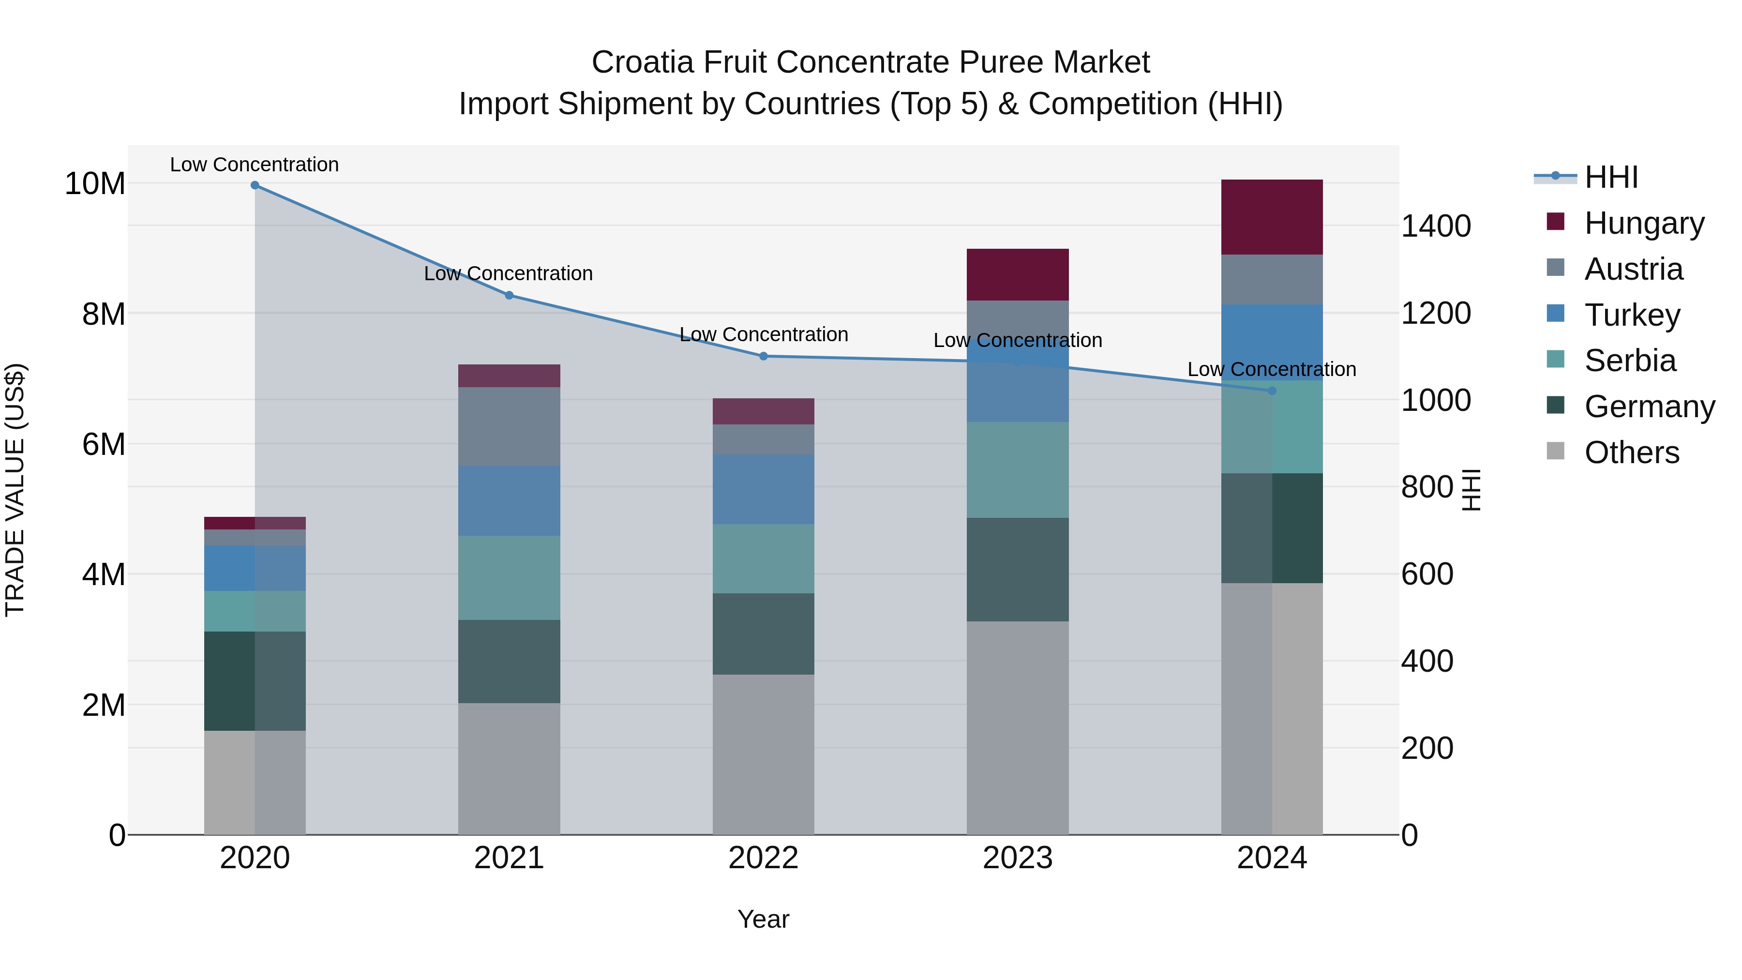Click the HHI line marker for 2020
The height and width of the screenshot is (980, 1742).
pos(255,185)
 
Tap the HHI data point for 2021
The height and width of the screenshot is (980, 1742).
pos(509,295)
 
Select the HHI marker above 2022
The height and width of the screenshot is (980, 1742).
pos(764,356)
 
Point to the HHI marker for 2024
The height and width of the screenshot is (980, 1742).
pos(1272,390)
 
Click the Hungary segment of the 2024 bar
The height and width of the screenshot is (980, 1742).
pos(1272,217)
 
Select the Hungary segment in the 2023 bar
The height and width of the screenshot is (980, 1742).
pos(1018,274)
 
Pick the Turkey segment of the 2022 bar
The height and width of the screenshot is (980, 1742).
pos(764,489)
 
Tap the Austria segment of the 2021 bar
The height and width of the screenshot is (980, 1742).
pos(509,426)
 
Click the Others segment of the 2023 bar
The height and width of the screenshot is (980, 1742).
pos(1018,728)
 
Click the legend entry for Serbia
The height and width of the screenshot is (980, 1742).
pos(1630,361)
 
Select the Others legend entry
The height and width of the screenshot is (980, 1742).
pos(1631,452)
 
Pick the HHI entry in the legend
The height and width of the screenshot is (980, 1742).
pos(1611,177)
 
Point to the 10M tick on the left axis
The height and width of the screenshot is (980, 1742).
pos(95,184)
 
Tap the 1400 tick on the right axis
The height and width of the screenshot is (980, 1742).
pos(1436,226)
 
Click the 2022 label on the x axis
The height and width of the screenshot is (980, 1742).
pos(764,858)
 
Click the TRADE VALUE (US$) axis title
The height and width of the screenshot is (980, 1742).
pos(15,490)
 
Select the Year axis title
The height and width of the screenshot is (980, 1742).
pos(764,919)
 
